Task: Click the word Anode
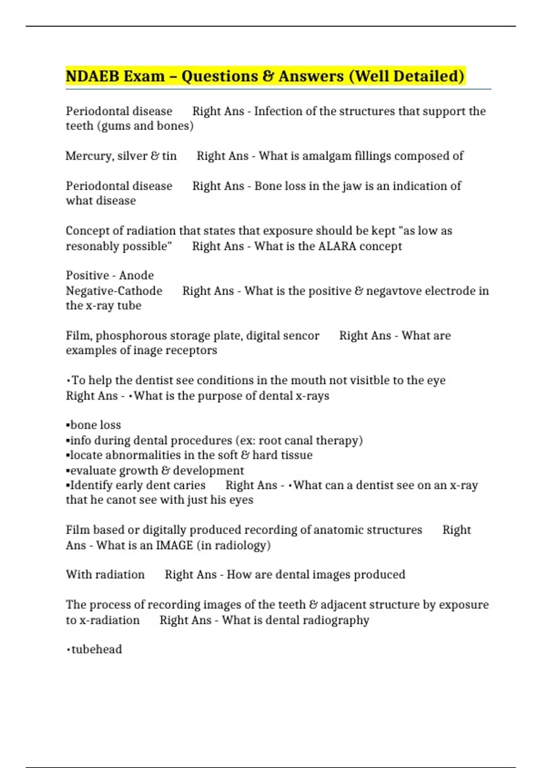tap(136, 276)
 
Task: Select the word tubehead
tap(97, 650)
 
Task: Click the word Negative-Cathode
tap(114, 291)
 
